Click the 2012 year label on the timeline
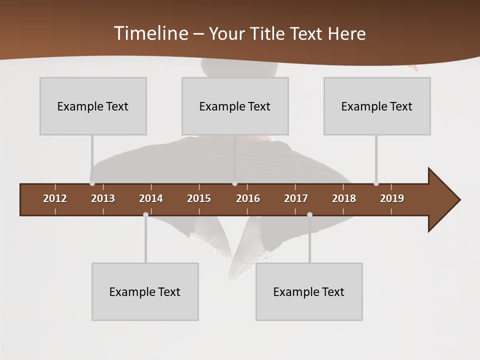[x=55, y=198]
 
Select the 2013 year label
[x=103, y=198]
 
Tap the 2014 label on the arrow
[x=151, y=198]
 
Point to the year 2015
[x=199, y=198]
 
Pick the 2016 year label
[x=248, y=198]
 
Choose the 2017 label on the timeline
[x=296, y=198]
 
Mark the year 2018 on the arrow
[x=344, y=198]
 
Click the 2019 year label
[x=392, y=198]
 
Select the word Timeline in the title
[x=150, y=33]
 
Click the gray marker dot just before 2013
[x=92, y=183]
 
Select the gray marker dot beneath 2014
[x=145, y=214]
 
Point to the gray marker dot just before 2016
[x=234, y=183]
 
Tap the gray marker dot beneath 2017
[x=309, y=214]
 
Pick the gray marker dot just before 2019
[x=376, y=183]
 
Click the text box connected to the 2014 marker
[x=145, y=291]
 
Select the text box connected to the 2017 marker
[x=309, y=291]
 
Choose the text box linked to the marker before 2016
[x=235, y=106]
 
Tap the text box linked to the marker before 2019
[x=377, y=106]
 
